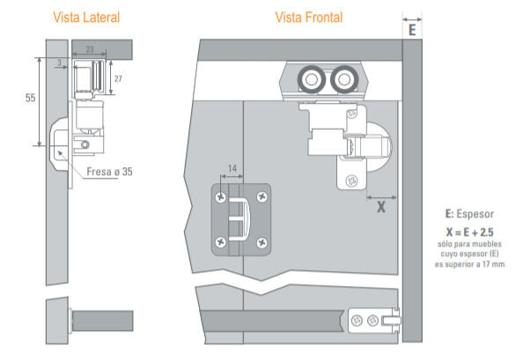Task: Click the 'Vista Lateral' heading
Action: tap(86, 18)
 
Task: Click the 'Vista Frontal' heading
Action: tap(309, 18)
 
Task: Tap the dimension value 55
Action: tap(31, 98)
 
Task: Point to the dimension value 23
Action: tap(90, 49)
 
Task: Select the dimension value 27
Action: tap(118, 79)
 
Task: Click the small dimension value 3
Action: tap(59, 62)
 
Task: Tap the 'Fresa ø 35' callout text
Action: tap(109, 172)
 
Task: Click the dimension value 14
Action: tap(232, 168)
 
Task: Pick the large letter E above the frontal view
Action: tap(412, 30)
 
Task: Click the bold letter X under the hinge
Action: tap(381, 207)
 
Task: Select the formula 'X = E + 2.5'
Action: tap(470, 232)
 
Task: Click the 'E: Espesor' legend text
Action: tap(469, 214)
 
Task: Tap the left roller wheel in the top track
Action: tap(312, 79)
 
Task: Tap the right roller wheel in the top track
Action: tap(344, 79)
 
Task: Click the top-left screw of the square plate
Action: tap(220, 197)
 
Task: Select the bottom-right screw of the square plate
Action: tap(261, 243)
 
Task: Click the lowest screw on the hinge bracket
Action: tap(352, 180)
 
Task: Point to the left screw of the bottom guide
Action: tap(357, 320)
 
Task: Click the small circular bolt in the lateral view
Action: tap(85, 144)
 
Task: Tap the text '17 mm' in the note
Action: tap(493, 264)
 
